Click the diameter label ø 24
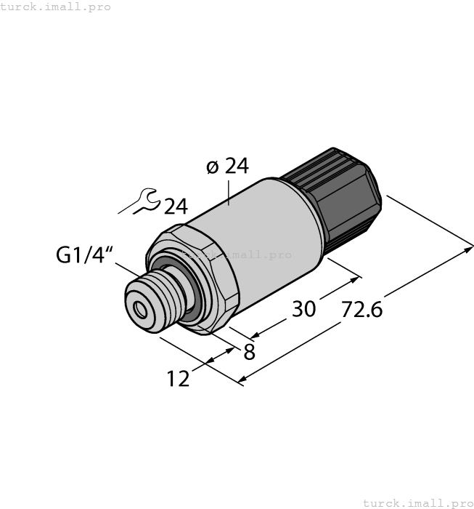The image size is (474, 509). (x=227, y=167)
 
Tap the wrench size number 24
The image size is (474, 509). (x=176, y=207)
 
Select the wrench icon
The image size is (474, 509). (x=142, y=201)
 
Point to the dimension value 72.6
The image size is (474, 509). (x=361, y=309)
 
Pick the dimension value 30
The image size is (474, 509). (x=303, y=309)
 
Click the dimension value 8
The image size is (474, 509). (x=249, y=353)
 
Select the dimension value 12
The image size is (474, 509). (x=178, y=379)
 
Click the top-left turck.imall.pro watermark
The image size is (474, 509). (x=56, y=7)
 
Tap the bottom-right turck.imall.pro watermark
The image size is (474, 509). (x=417, y=502)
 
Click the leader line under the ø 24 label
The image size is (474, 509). (x=229, y=191)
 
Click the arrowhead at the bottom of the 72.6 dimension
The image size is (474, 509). (x=242, y=380)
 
